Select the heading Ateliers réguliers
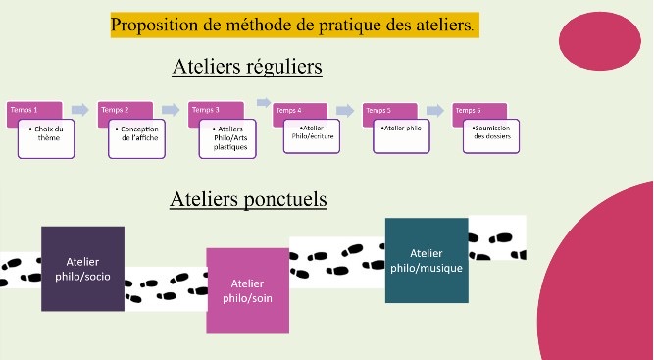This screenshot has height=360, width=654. tap(247, 67)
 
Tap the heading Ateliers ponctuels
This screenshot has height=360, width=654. tap(248, 200)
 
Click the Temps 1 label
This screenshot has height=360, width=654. tap(24, 110)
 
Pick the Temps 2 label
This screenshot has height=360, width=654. tap(115, 110)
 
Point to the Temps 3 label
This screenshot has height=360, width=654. tap(205, 110)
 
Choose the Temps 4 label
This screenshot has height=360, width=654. tap(288, 111)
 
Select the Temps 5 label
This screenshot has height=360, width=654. tap(377, 111)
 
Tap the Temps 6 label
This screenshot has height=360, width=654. tap(468, 111)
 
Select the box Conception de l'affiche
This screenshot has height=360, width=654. tap(137, 138)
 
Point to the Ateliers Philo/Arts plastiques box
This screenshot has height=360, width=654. tap(227, 138)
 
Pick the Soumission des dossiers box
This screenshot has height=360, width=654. tap(491, 136)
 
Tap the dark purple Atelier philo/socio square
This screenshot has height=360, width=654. tap(82, 269)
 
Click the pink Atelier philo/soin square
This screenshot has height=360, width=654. tap(247, 290)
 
